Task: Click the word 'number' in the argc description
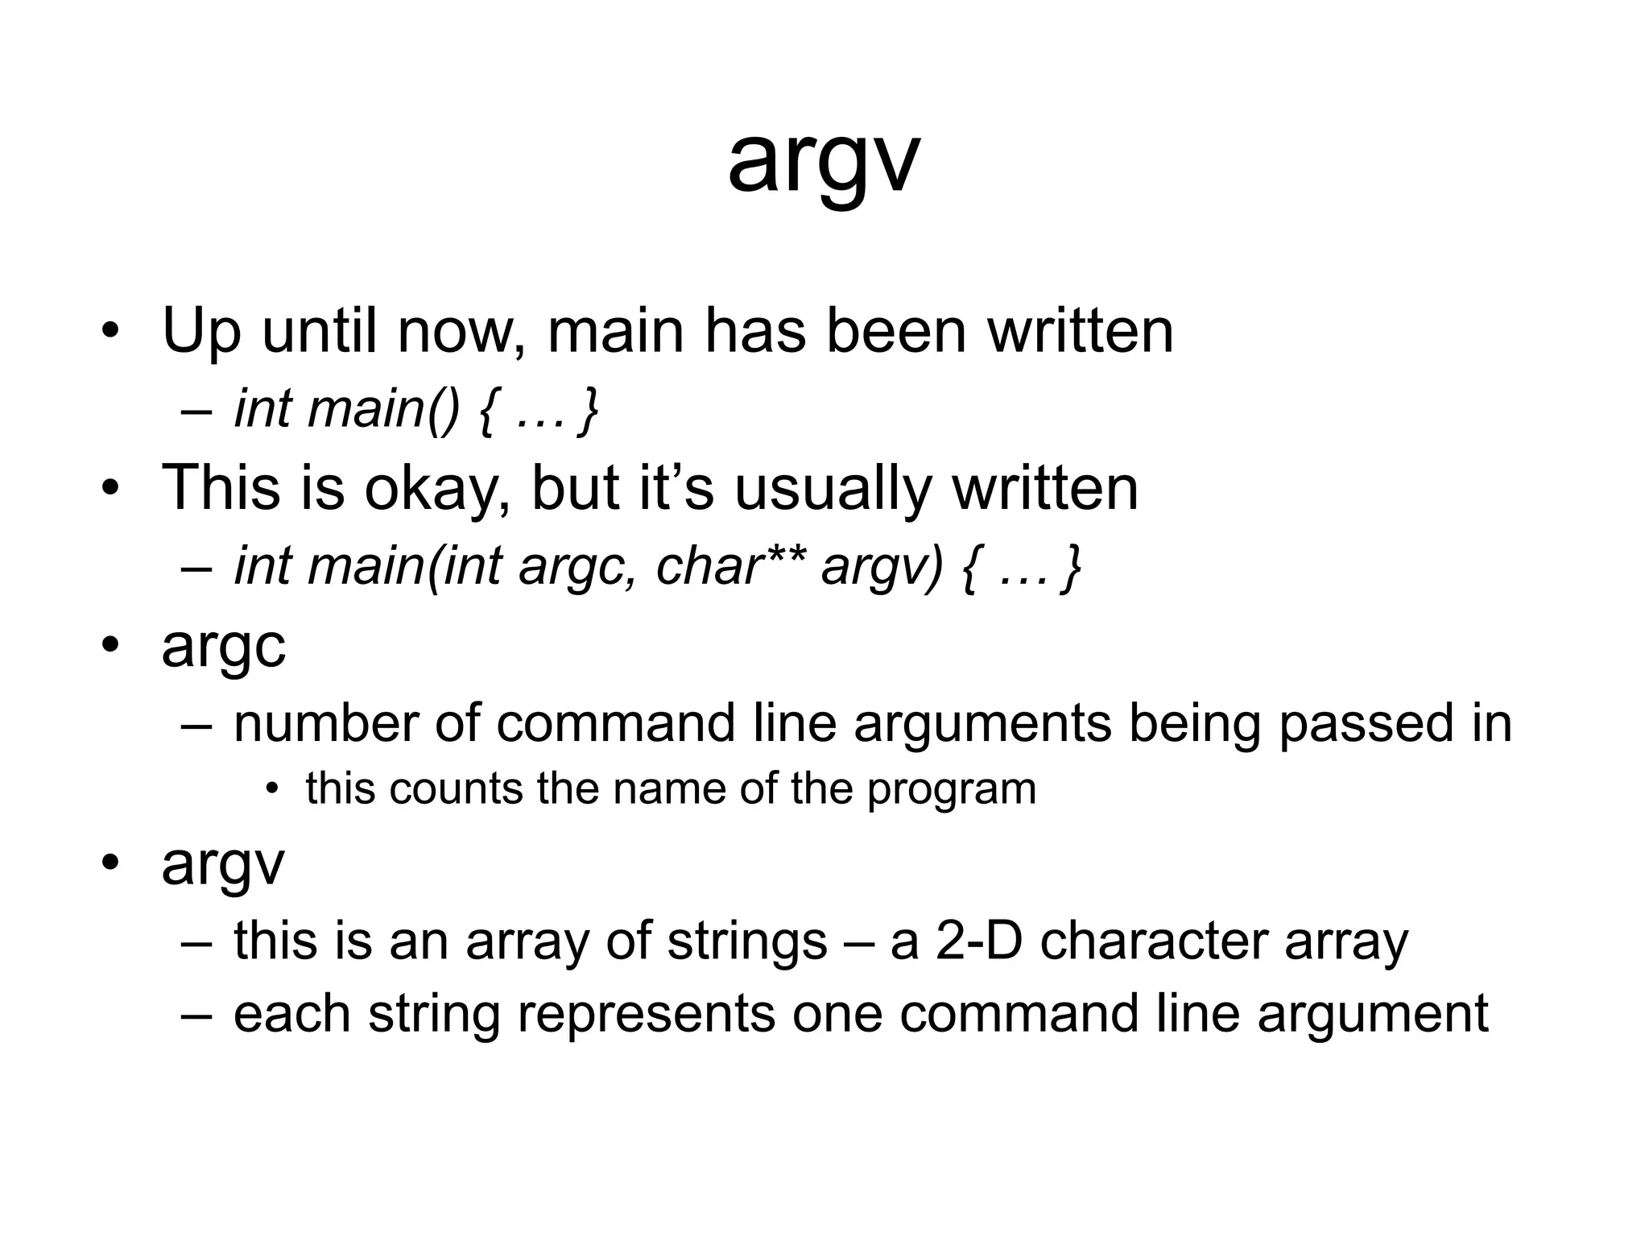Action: click(x=326, y=723)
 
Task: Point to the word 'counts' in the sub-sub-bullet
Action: click(x=456, y=788)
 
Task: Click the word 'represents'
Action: click(x=646, y=1014)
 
